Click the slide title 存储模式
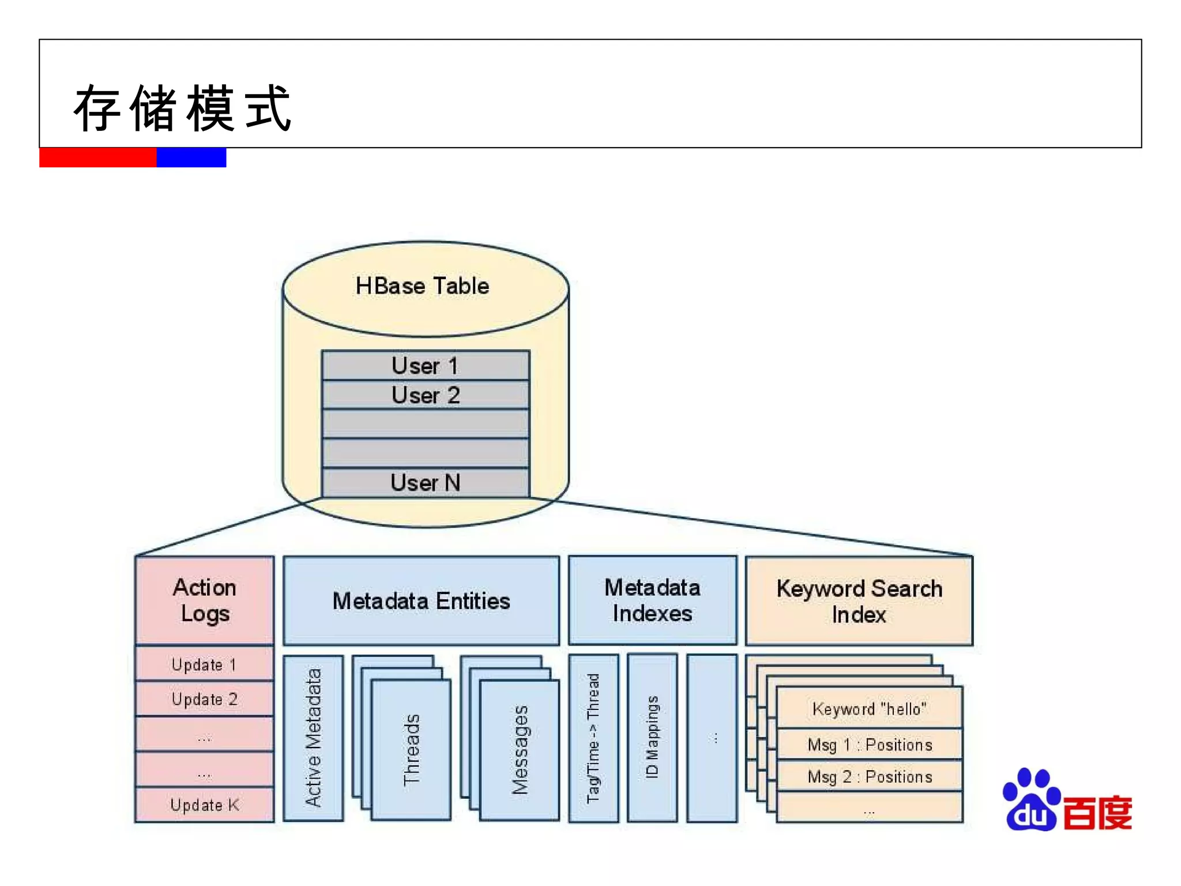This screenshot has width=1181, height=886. (182, 108)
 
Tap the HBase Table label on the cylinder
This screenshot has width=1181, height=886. (422, 286)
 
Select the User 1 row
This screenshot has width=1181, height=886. (426, 366)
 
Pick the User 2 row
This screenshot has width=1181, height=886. (426, 395)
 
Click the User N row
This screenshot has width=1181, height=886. (426, 483)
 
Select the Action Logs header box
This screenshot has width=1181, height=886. (205, 600)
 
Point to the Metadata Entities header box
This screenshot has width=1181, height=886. (421, 601)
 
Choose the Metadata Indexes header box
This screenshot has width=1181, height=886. (652, 600)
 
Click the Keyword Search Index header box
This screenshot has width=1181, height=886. (859, 601)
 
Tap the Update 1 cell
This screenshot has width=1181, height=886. (205, 664)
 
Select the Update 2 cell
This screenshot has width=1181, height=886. (205, 699)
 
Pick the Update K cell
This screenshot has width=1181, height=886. (205, 805)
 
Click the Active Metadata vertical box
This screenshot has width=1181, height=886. (313, 738)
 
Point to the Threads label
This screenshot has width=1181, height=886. (411, 750)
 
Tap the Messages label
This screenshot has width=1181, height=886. (520, 750)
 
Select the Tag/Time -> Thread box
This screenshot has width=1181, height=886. (593, 738)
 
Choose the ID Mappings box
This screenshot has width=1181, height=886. (652, 738)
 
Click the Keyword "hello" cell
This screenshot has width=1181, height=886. (869, 709)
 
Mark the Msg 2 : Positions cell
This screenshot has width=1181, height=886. (869, 776)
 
